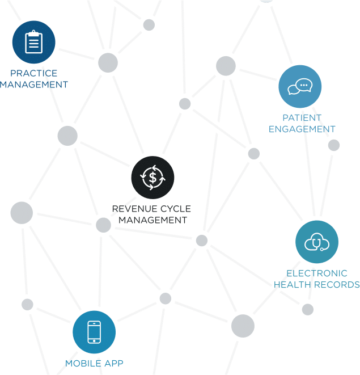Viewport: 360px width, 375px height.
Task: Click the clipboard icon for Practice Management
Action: point(34,42)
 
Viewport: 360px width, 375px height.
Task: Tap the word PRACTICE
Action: point(34,73)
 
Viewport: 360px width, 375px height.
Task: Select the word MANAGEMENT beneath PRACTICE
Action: point(34,85)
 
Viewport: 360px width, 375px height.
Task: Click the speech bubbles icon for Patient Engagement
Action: point(300,86)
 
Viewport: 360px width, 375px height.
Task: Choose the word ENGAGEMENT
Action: point(302,129)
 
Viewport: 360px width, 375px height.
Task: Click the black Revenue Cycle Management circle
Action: point(153,177)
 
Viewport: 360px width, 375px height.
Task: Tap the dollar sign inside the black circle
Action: point(153,177)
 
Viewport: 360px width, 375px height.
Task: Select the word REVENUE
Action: point(133,209)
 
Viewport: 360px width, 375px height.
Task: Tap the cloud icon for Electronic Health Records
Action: point(316,242)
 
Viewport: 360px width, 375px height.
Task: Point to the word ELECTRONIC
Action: point(316,273)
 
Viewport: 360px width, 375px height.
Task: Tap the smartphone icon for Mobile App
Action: point(94,332)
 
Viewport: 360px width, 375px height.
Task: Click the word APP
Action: point(113,363)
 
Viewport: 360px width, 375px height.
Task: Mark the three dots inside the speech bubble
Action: point(304,85)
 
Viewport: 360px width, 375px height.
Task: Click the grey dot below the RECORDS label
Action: point(307,309)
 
